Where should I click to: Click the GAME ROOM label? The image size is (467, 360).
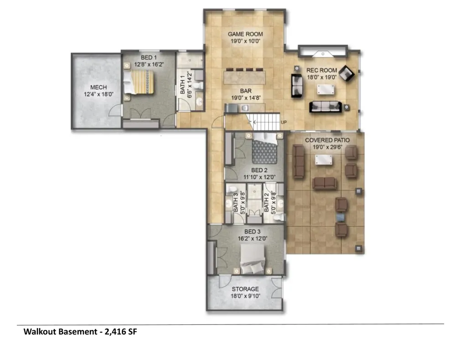pyautogui.click(x=245, y=34)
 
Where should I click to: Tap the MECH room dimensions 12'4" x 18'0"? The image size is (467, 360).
pyautogui.click(x=99, y=95)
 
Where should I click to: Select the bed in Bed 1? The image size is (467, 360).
pyautogui.click(x=139, y=82)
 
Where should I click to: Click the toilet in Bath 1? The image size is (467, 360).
pyautogui.click(x=198, y=86)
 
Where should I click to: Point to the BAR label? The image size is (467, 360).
pyautogui.click(x=246, y=91)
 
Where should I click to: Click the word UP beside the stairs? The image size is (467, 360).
pyautogui.click(x=284, y=122)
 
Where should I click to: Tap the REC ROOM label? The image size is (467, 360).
pyautogui.click(x=322, y=70)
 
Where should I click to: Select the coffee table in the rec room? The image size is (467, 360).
pyautogui.click(x=325, y=89)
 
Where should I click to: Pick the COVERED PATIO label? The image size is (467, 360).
pyautogui.click(x=327, y=140)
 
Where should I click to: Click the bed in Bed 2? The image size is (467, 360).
pyautogui.click(x=265, y=148)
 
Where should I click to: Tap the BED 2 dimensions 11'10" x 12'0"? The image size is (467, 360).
pyautogui.click(x=259, y=177)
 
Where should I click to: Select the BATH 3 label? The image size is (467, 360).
pyautogui.click(x=235, y=203)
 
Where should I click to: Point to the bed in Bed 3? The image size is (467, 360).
pyautogui.click(x=253, y=258)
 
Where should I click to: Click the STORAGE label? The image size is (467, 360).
pyautogui.click(x=245, y=289)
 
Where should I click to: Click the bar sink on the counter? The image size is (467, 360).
pyautogui.click(x=245, y=108)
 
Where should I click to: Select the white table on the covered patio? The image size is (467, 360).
pyautogui.click(x=324, y=160)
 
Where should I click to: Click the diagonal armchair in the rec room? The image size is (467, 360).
pyautogui.click(x=347, y=73)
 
